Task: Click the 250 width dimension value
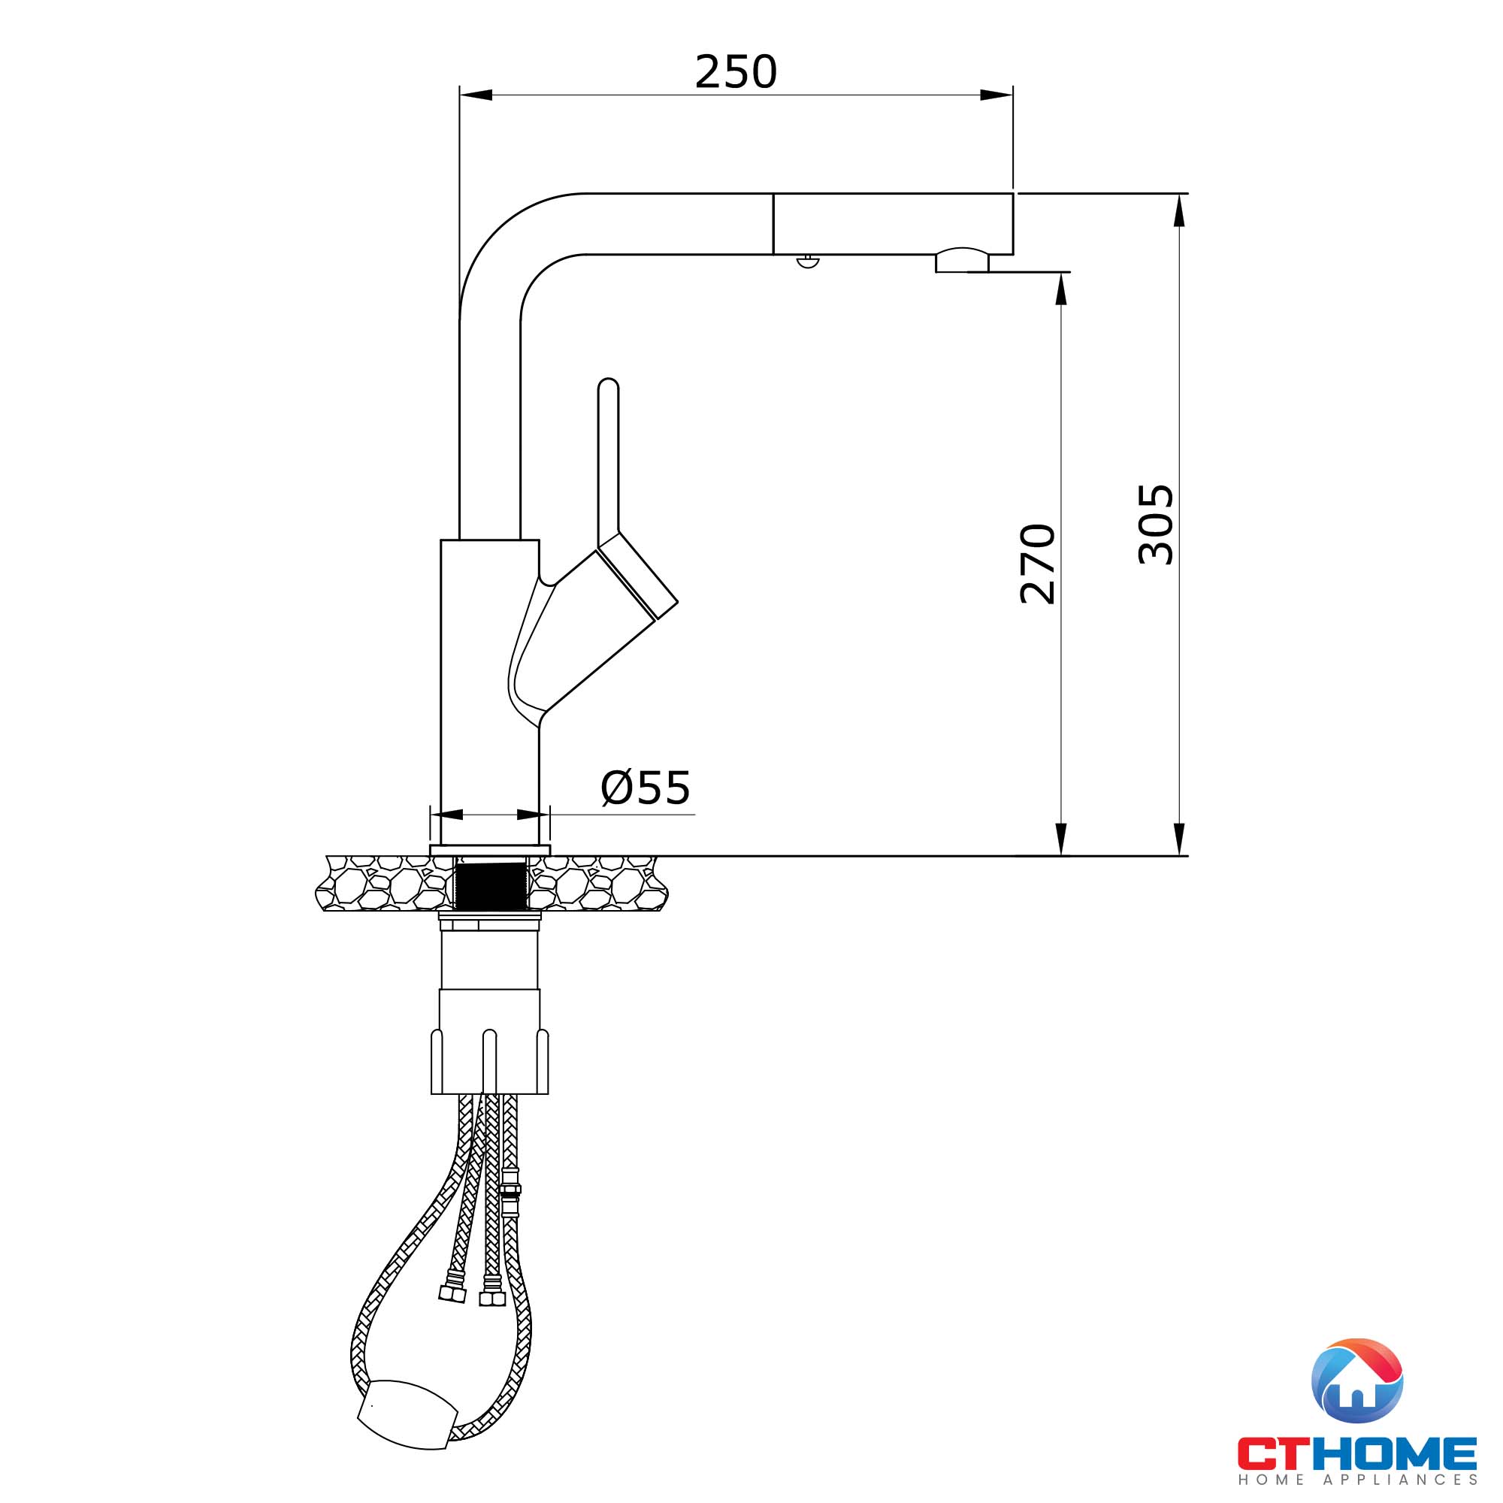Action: click(735, 72)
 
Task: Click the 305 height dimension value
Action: click(1155, 525)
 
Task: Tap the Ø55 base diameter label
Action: click(646, 788)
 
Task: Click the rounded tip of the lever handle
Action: click(609, 386)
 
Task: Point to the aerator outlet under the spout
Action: click(962, 262)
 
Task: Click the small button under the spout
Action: click(809, 262)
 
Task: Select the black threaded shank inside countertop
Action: click(491, 886)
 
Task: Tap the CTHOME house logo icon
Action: click(1356, 1380)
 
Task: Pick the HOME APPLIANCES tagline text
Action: click(1356, 1480)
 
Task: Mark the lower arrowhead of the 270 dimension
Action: click(1060, 840)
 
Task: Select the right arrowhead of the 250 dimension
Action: click(997, 95)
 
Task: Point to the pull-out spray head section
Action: click(892, 223)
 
